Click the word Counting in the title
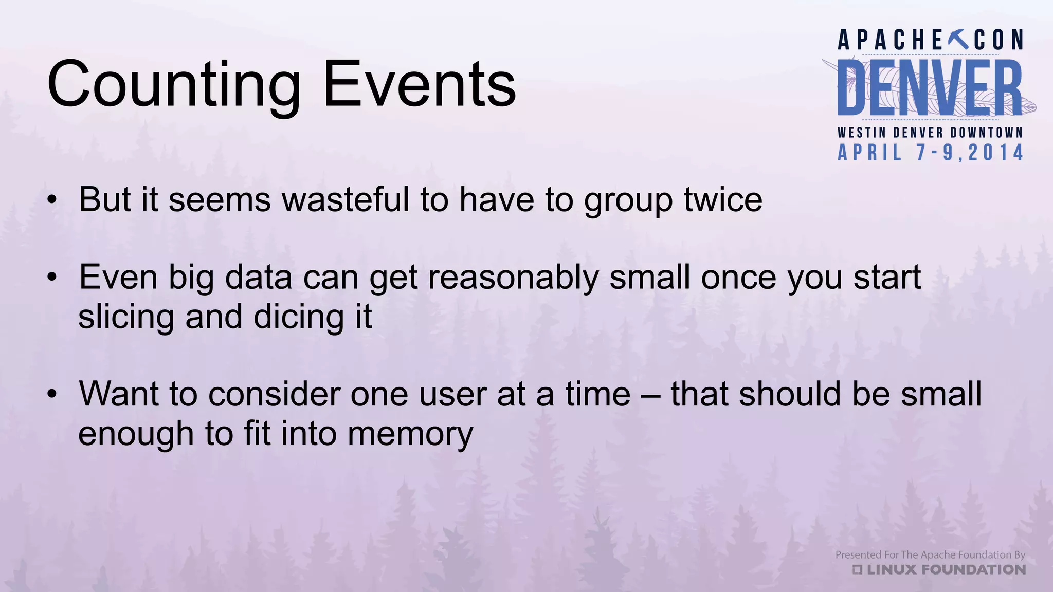pyautogui.click(x=174, y=85)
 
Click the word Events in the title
pyautogui.click(x=419, y=85)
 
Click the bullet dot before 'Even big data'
pyautogui.click(x=51, y=278)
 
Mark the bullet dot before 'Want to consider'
pyautogui.click(x=51, y=395)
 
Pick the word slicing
pyautogui.click(x=126, y=318)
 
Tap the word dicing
pyautogui.click(x=299, y=318)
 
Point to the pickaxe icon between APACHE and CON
pyautogui.click(x=958, y=40)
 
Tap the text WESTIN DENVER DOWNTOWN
pyautogui.click(x=930, y=133)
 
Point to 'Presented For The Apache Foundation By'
pyautogui.click(x=930, y=554)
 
